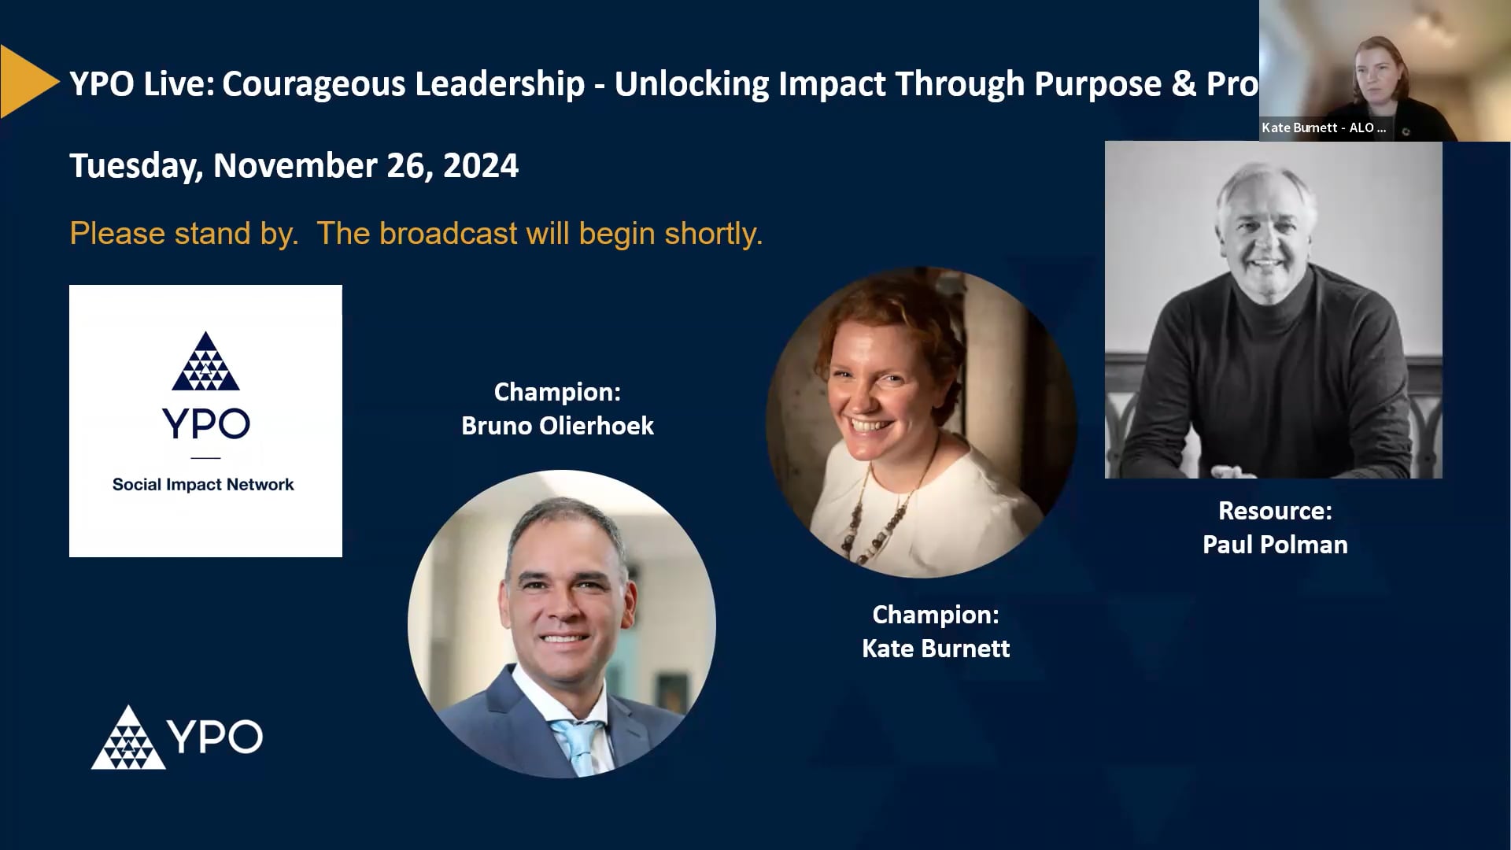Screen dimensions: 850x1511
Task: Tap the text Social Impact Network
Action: point(203,485)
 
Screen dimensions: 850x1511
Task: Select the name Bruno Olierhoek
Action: point(557,426)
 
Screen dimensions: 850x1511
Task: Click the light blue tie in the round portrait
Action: point(578,744)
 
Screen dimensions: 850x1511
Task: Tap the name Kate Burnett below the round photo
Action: point(936,649)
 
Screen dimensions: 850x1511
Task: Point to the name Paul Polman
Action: point(1275,545)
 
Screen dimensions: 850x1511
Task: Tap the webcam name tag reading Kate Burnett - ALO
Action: point(1324,128)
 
